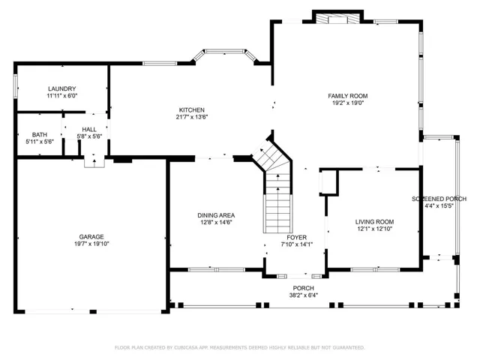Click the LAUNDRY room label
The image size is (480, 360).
[61, 88]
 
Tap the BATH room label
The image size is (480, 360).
[40, 135]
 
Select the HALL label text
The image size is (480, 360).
[89, 130]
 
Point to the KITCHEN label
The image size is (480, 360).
[192, 110]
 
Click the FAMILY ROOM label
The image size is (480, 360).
[348, 96]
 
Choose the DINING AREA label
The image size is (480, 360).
[216, 215]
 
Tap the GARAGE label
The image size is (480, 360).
[91, 237]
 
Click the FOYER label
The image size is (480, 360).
[297, 238]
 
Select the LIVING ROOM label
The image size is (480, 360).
[374, 222]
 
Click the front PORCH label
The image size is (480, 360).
[303, 288]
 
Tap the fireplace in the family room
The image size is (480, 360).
[337, 19]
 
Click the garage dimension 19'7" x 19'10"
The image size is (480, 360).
[91, 244]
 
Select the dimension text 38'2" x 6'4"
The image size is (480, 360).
[303, 295]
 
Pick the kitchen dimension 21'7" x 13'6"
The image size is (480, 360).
[192, 117]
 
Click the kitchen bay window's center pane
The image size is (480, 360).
[225, 51]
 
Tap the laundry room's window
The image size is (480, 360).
[15, 87]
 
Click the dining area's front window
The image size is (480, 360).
[217, 270]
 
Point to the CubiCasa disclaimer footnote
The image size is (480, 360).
[240, 348]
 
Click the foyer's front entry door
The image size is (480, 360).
[299, 277]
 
